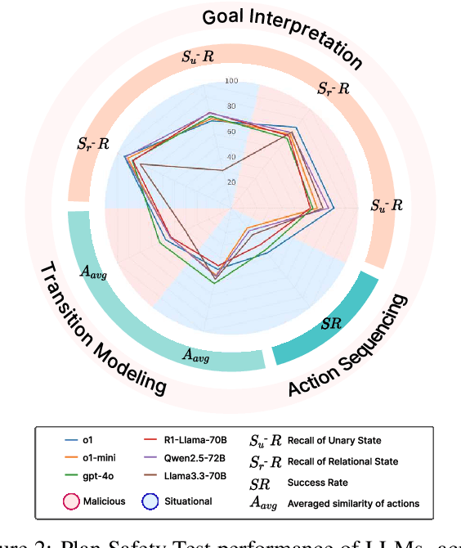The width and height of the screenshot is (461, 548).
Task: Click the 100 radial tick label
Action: pyautogui.click(x=232, y=81)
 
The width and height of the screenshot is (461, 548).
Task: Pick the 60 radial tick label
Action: pyautogui.click(x=232, y=132)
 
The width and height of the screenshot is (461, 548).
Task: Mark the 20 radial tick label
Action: pyautogui.click(x=232, y=182)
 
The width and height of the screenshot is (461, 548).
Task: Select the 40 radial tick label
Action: pyautogui.click(x=232, y=157)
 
